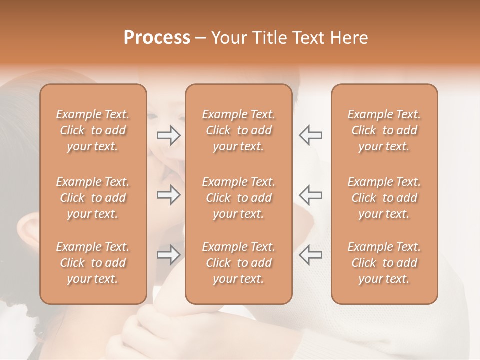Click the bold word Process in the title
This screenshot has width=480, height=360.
pos(157,38)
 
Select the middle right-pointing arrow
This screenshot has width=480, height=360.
pos(169,195)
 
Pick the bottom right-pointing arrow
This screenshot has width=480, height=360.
pos(169,255)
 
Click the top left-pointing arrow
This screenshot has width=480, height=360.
pos(310,135)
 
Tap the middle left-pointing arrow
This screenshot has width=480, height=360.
pos(310,195)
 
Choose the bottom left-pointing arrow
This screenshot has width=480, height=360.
pos(310,254)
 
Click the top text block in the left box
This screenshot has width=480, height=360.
pos(93,130)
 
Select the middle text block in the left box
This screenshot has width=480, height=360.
pos(93,198)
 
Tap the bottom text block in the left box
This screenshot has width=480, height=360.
pos(93,263)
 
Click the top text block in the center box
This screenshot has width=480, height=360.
pos(238,130)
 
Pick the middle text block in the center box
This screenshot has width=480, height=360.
pos(238,198)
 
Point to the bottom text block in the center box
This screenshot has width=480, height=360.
pos(238,263)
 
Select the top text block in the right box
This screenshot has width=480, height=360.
pos(384,130)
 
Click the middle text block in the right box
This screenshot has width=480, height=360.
pos(384,198)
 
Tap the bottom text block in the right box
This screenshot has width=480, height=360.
pos(384,263)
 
